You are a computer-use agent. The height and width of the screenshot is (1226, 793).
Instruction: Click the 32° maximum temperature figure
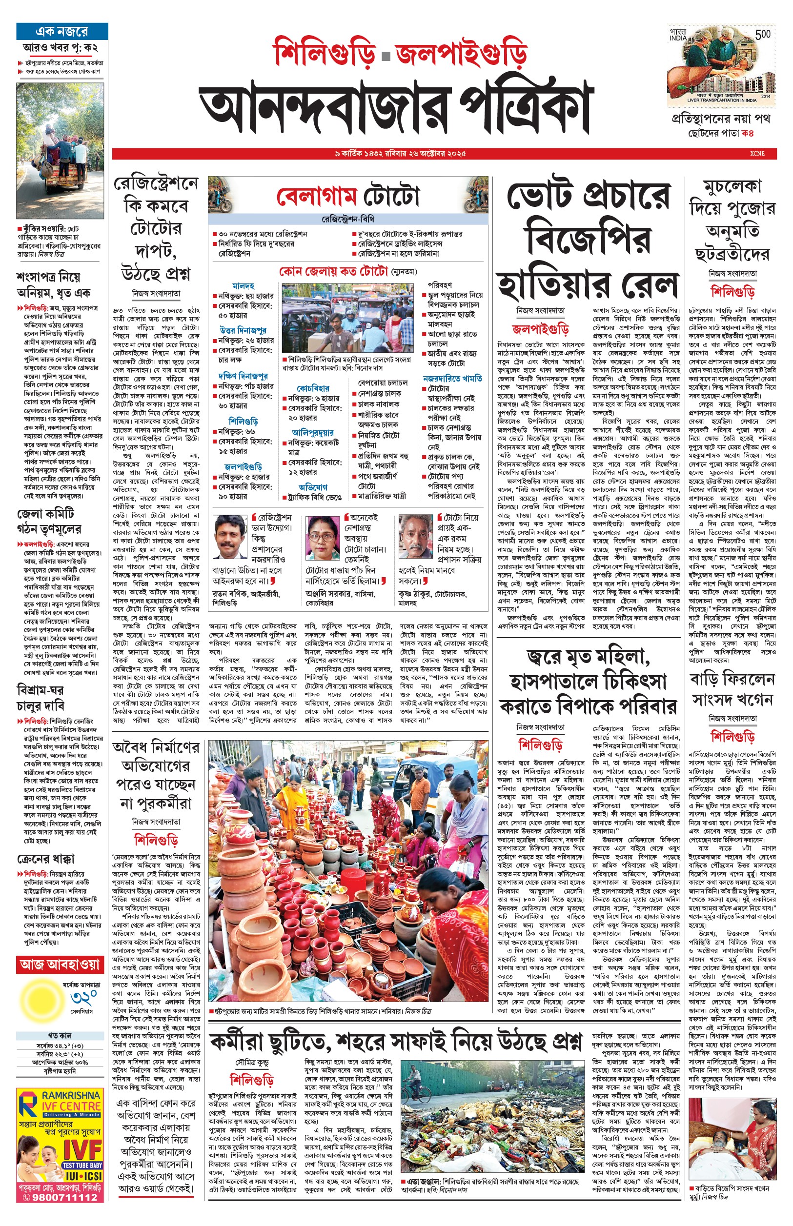click(x=83, y=998)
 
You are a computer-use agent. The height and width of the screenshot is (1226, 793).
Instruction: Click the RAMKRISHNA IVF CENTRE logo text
click(x=69, y=1102)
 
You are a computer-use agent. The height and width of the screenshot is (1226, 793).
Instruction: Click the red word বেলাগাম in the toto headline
click(x=317, y=197)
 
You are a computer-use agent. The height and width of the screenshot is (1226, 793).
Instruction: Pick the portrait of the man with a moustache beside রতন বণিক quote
click(x=230, y=536)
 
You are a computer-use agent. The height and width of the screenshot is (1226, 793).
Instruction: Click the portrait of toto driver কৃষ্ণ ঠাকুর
click(x=415, y=536)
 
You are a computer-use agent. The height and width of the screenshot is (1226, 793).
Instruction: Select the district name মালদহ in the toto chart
click(x=243, y=286)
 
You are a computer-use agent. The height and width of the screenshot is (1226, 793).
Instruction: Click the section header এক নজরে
click(x=62, y=31)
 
